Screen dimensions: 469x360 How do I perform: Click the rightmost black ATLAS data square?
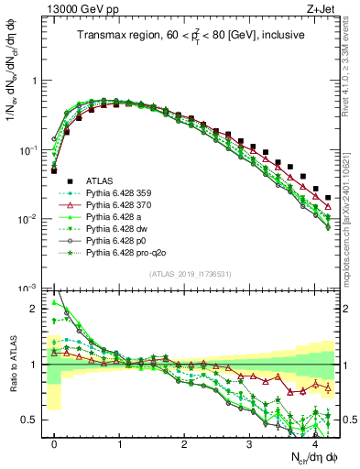[x=328, y=197]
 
